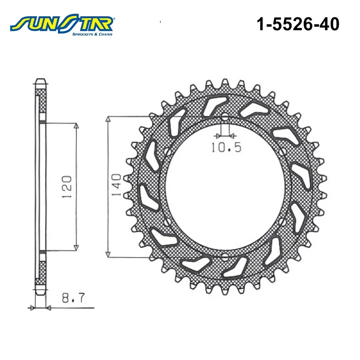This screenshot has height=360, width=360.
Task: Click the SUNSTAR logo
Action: coord(62,25)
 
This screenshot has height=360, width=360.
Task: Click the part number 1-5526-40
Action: coord(298,24)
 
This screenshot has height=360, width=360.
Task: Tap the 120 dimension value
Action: coord(67,186)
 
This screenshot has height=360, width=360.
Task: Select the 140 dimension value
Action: coord(116,185)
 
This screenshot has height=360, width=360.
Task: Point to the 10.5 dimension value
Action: coord(226,148)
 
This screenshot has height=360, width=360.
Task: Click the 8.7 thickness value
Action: coord(73,298)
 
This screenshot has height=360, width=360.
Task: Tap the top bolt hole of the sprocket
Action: coord(225,117)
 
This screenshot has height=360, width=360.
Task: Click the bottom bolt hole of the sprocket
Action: coord(225,257)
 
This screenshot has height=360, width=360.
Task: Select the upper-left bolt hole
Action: coord(168,152)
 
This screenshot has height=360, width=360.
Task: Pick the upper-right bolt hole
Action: coord(283,151)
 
